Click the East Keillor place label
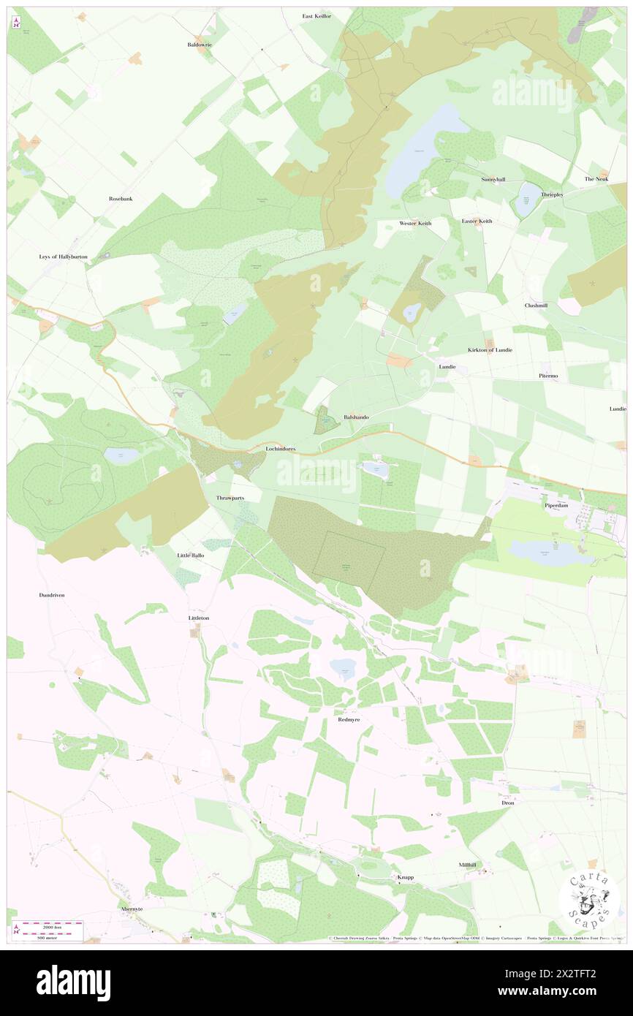pyautogui.click(x=317, y=15)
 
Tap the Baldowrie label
pyautogui.click(x=199, y=45)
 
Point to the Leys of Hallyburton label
pyautogui.click(x=64, y=257)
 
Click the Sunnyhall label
pyautogui.click(x=493, y=179)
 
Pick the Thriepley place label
pyautogui.click(x=552, y=195)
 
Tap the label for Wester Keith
pyautogui.click(x=415, y=222)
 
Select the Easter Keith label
pyautogui.click(x=477, y=221)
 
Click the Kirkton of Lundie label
pyautogui.click(x=490, y=349)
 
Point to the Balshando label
pyautogui.click(x=356, y=417)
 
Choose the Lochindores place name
pyautogui.click(x=281, y=447)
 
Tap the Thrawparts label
pyautogui.click(x=230, y=497)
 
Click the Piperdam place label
pyautogui.click(x=556, y=505)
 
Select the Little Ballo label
pyautogui.click(x=191, y=556)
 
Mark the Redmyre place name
pyautogui.click(x=349, y=719)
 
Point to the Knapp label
pyautogui.click(x=405, y=876)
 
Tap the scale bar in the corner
pyautogui.click(x=48, y=930)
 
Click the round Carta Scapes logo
pyautogui.click(x=590, y=898)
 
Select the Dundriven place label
pyautogui.click(x=52, y=595)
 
